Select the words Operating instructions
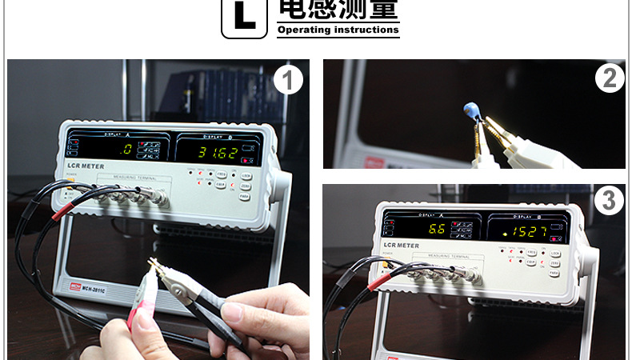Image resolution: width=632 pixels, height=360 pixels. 338,30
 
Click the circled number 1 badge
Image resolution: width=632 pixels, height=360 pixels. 288,80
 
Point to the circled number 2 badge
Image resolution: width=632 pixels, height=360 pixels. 610,78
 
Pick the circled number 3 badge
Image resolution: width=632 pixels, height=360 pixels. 609,200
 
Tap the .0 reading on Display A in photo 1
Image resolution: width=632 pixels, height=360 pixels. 125,149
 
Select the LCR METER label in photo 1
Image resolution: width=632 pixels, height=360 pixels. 82,165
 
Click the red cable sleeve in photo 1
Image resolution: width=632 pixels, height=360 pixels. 62,209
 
